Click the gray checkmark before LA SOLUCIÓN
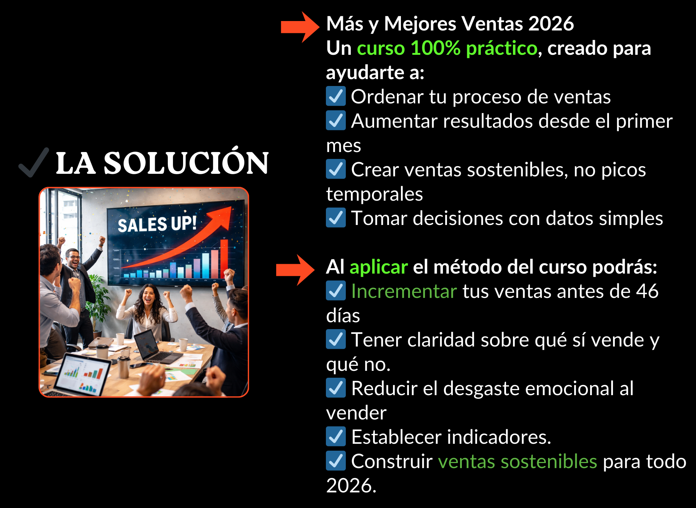(x=34, y=162)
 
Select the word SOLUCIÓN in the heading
(x=186, y=163)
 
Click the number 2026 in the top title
(x=551, y=24)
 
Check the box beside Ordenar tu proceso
(x=336, y=96)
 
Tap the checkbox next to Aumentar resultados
(x=336, y=120)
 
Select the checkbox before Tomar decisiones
(x=336, y=218)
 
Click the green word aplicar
(x=379, y=267)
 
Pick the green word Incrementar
(x=404, y=291)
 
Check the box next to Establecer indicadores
(x=336, y=437)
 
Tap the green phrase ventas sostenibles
(x=517, y=462)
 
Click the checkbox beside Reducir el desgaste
(x=336, y=388)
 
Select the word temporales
(x=374, y=194)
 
